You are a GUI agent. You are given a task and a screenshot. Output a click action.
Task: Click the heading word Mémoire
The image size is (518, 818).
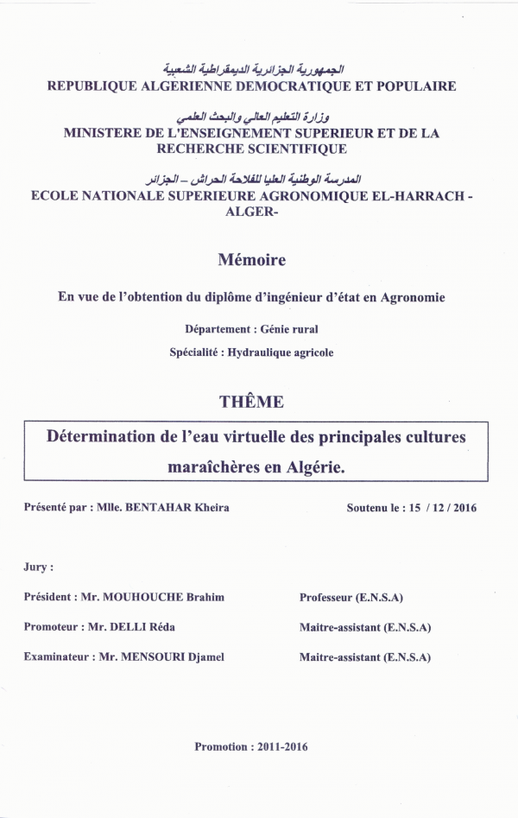251,259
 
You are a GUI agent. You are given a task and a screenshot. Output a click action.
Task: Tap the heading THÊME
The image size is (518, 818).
251,401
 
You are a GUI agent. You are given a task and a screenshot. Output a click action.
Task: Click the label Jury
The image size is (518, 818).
39,568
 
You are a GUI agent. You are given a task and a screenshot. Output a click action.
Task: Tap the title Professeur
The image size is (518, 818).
329,597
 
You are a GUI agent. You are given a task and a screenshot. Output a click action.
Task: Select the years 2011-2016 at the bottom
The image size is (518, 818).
281,746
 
